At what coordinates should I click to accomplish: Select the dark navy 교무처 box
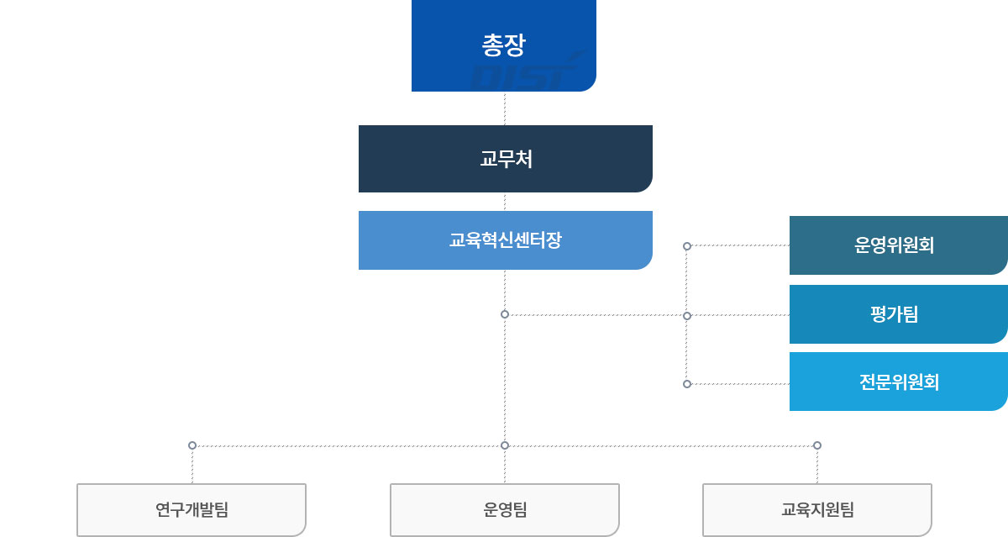505,159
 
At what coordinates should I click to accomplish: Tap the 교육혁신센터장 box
505,240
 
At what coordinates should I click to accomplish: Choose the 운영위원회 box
898,245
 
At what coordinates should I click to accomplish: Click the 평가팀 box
898,314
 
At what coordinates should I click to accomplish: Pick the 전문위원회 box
898,382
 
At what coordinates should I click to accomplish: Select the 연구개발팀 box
192,509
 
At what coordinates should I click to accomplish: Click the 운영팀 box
505,509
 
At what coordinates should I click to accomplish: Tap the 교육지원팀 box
817,509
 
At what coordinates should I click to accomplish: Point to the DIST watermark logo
525,74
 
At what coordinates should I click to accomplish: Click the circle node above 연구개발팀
192,445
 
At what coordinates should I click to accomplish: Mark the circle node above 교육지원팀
817,445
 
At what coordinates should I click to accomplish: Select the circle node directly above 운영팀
505,445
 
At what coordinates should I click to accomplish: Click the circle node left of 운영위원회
687,246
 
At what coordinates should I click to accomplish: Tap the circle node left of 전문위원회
687,384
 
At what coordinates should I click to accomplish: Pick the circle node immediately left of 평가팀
687,316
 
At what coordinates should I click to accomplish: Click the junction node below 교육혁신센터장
505,314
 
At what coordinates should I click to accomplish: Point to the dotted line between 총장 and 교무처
505,108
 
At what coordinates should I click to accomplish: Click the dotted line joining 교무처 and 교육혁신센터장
505,202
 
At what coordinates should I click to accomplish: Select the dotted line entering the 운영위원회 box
739,246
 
